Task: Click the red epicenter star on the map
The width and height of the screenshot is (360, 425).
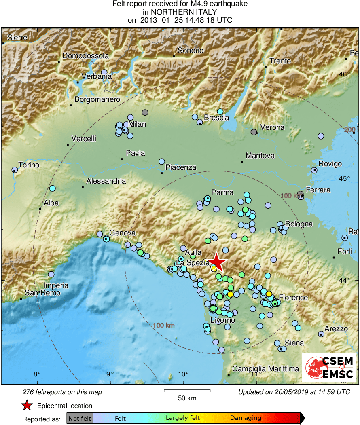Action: tap(217, 262)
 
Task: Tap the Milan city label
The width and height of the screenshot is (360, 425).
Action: tap(137, 124)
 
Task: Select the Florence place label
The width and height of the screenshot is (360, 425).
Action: tap(293, 298)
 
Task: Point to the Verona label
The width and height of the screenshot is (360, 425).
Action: tap(272, 127)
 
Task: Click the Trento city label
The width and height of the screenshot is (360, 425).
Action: tap(280, 61)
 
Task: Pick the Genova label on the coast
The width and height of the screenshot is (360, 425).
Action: tap(122, 233)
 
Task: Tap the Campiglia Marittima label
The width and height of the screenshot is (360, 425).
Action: tap(265, 368)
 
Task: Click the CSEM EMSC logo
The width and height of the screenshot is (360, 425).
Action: tap(329, 368)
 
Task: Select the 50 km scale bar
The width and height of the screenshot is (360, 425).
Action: tap(187, 391)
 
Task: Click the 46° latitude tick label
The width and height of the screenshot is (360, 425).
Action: tap(345, 74)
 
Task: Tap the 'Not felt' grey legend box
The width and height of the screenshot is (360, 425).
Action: tap(80, 418)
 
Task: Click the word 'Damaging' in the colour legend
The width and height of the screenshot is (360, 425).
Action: tap(246, 418)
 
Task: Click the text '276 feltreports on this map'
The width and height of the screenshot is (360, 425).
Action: tap(62, 392)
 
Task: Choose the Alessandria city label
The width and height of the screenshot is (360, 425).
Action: tap(106, 181)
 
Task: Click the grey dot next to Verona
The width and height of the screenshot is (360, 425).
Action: tap(254, 132)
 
